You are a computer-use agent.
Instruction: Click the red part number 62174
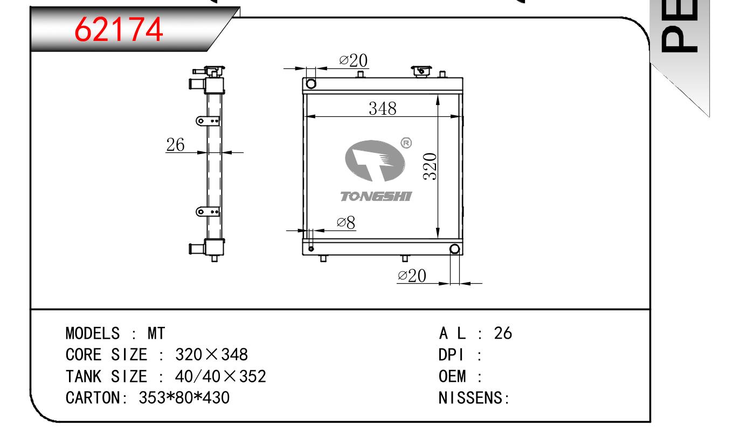click(x=119, y=30)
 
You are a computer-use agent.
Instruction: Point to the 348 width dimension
click(x=382, y=108)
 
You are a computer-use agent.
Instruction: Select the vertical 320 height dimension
click(x=430, y=166)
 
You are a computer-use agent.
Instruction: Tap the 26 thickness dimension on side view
click(x=175, y=144)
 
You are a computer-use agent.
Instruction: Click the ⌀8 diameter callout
click(x=345, y=222)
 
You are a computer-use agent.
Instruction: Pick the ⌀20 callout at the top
click(x=353, y=61)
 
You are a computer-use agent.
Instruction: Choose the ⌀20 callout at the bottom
click(x=412, y=276)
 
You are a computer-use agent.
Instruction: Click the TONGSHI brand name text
click(x=376, y=197)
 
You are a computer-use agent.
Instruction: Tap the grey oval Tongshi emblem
click(x=375, y=160)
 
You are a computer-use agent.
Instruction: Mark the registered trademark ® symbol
click(x=406, y=143)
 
